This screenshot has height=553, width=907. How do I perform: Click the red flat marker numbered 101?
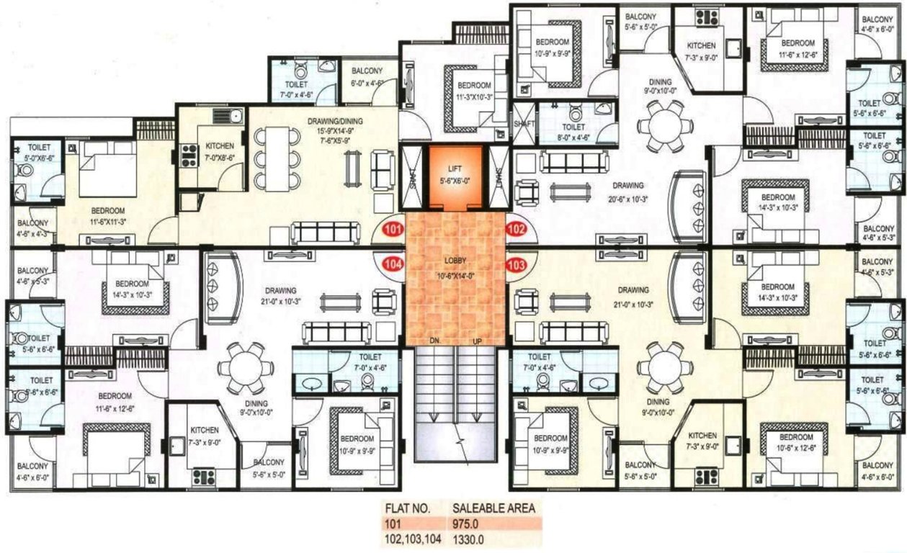pos(392,232)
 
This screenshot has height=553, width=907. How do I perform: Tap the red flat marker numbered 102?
pos(516,232)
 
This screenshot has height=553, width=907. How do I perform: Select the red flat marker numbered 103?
pos(516,264)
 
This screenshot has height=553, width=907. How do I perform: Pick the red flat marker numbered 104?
pos(392,264)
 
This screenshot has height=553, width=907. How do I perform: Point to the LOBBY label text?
pos(454,263)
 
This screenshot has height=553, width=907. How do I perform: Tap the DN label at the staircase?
pos(434,341)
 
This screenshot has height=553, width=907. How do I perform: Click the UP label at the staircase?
pos(475,341)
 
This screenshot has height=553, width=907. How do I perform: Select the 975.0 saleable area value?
pos(466,523)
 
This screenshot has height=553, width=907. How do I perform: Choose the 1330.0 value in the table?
pos(468,538)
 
